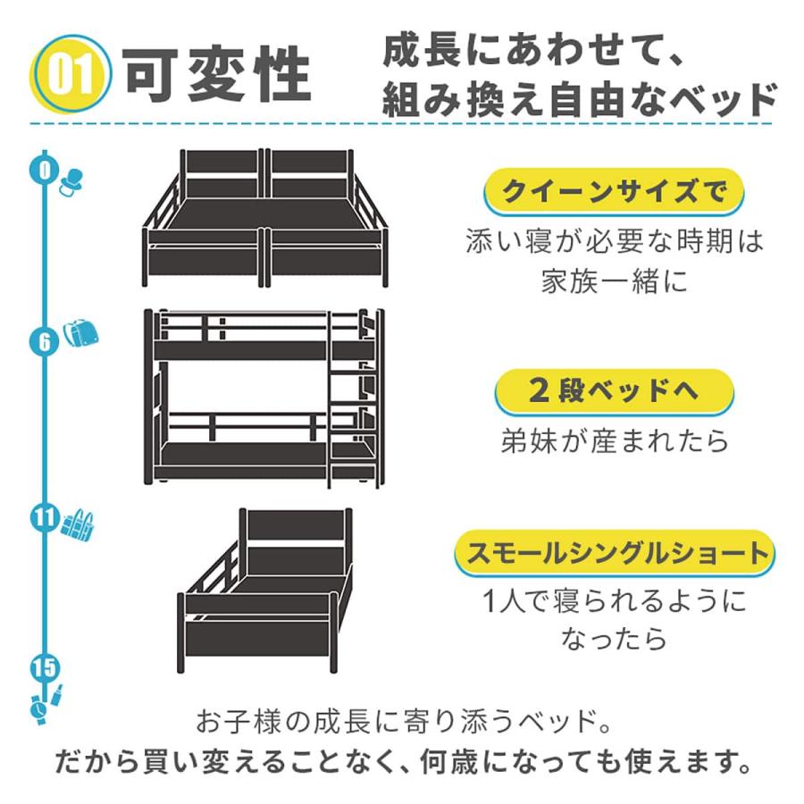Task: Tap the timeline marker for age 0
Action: pos(45,170)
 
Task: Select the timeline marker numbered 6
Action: pos(45,341)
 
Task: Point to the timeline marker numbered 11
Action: pos(45,518)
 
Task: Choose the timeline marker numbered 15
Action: pos(45,667)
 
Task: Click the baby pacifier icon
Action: pos(71,182)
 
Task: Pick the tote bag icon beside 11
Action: pos(78,524)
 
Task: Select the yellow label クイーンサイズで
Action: pos(614,192)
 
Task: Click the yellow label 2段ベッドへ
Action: pos(614,391)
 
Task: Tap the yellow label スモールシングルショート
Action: pos(615,553)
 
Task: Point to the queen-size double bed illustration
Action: pos(265,219)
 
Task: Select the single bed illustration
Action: pos(265,590)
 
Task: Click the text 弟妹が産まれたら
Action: pos(615,440)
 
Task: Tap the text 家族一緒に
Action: pos(615,281)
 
